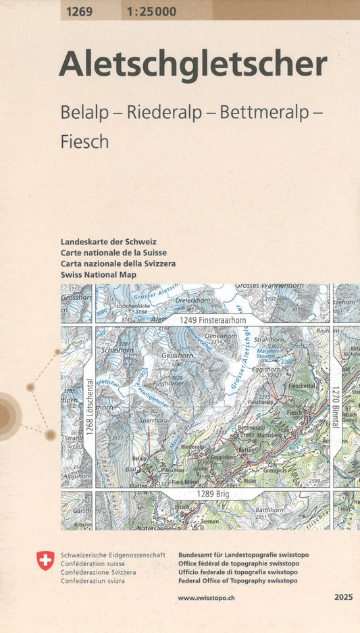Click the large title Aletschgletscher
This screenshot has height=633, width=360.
192,66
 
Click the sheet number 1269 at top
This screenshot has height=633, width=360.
80,11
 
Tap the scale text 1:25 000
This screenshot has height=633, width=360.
151,11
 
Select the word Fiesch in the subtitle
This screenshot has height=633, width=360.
84,142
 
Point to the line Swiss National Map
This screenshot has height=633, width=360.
98,275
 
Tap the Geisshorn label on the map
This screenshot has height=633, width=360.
177,355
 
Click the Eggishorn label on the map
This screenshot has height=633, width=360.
265,370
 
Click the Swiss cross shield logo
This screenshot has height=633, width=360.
45,560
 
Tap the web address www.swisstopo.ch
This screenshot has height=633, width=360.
207,598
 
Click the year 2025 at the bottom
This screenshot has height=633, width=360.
343,598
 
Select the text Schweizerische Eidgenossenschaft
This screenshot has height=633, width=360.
112,555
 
